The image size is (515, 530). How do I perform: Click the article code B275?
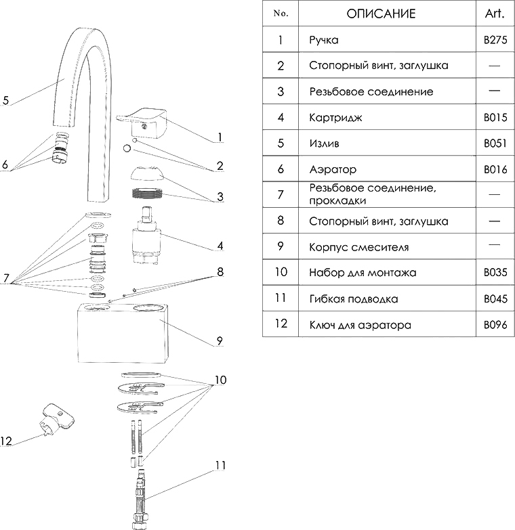(495, 40)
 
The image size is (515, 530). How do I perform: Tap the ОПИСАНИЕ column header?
(381, 14)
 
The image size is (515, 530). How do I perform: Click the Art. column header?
(495, 14)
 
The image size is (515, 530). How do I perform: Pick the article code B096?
(495, 325)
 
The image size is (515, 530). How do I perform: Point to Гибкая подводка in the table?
(353, 299)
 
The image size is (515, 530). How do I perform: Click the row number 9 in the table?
(280, 246)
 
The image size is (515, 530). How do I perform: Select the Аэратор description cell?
(332, 169)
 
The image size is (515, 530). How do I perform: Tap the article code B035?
(495, 273)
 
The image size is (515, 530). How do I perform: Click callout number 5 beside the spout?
(5, 101)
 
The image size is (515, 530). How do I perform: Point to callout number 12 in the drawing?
(6, 441)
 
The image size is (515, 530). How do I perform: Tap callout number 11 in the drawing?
(220, 466)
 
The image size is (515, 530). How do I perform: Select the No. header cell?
(280, 14)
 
